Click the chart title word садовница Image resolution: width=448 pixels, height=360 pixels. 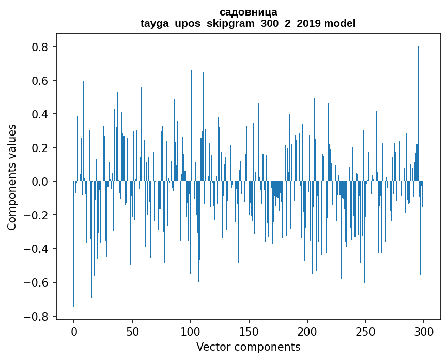[x=248, y=12]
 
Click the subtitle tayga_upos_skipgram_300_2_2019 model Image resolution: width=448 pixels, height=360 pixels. [x=248, y=23]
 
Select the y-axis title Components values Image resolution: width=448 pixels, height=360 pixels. [x=12, y=177]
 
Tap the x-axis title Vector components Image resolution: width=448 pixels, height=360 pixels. [x=248, y=347]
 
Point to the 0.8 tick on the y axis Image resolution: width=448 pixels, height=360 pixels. [x=42, y=47]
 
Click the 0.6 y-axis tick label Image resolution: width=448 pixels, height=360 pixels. [x=42, y=81]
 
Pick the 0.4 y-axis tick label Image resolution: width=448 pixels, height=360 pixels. [x=42, y=114]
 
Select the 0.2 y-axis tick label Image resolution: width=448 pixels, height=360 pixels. [x=42, y=148]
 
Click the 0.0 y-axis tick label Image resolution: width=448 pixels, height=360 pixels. [x=42, y=182]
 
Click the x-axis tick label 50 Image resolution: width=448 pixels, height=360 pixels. [x=132, y=331]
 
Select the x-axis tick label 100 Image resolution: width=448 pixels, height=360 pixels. [x=191, y=331]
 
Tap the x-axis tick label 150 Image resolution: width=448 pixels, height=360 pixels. [x=249, y=331]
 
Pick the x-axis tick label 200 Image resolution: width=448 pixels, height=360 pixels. [x=307, y=331]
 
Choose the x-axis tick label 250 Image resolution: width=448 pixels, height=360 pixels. [x=365, y=331]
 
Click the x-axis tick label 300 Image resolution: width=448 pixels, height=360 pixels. [x=424, y=331]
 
